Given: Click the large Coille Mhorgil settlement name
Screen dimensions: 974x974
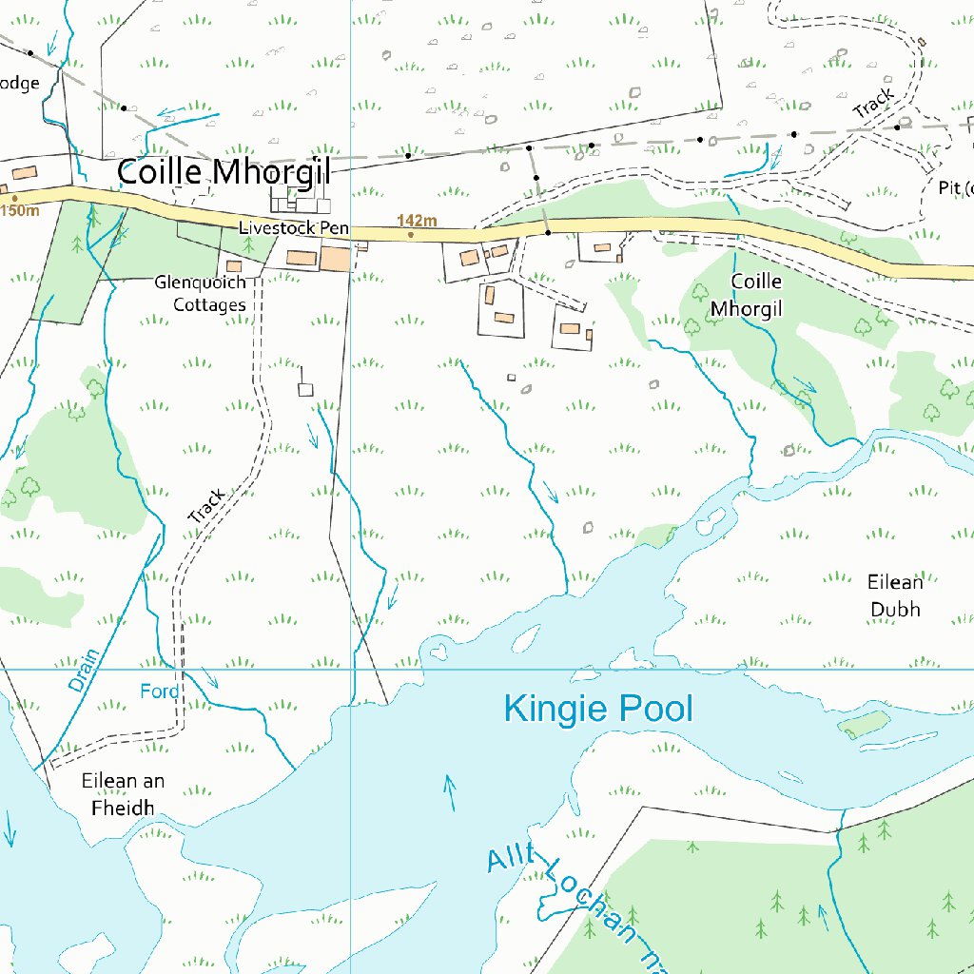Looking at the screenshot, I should [x=224, y=172].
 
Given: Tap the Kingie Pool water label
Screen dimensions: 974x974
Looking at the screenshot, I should [x=597, y=709].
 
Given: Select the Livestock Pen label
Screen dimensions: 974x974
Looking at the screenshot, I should [x=294, y=228].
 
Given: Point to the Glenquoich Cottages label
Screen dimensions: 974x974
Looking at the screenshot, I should [x=201, y=294].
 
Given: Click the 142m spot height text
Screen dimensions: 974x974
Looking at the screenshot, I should [x=417, y=222].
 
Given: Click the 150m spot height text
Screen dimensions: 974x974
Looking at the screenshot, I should [x=20, y=210].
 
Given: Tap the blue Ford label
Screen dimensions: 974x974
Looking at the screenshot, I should [x=159, y=692].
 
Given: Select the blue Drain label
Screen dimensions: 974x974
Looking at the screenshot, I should [x=84, y=670].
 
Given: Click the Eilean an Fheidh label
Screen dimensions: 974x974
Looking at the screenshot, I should [x=123, y=794].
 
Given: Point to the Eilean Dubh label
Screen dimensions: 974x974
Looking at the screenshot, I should [x=895, y=595].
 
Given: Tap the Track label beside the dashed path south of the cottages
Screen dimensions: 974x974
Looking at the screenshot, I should [x=206, y=506].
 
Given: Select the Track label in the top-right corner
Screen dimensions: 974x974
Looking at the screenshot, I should [x=873, y=104].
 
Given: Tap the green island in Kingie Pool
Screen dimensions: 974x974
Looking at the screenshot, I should [x=864, y=726].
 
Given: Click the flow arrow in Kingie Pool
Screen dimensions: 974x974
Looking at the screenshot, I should [x=449, y=791].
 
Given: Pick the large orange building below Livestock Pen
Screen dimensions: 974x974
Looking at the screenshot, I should [x=334, y=259].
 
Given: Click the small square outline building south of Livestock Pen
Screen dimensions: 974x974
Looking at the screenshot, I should [x=305, y=389].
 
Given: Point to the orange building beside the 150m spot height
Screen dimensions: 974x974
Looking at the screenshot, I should [x=25, y=173].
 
